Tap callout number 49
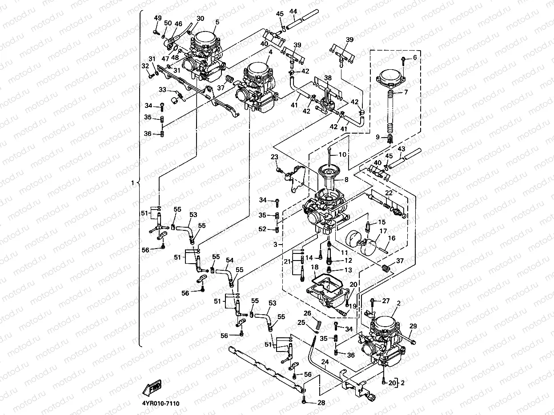(158, 18)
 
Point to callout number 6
(415, 58)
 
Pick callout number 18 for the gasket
(314, 267)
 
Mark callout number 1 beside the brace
(132, 182)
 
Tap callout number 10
(342, 155)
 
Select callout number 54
(229, 260)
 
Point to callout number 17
(383, 231)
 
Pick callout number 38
(328, 78)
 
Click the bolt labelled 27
(371, 302)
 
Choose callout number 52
(262, 229)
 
